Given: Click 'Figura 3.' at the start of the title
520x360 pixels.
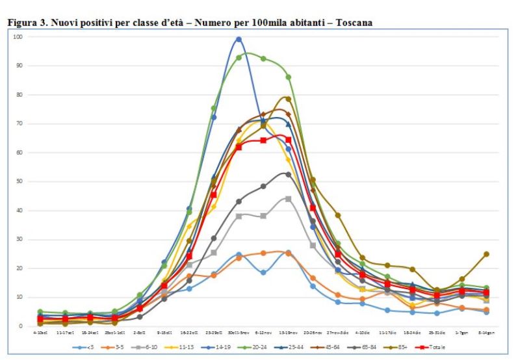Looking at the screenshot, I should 25,23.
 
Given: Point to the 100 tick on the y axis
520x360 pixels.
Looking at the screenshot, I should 18,36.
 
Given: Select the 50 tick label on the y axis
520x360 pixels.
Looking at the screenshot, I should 20,181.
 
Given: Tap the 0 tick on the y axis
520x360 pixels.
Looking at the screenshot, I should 22,326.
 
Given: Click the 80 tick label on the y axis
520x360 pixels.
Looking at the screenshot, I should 20,94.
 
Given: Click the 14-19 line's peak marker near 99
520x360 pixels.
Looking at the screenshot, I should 239,39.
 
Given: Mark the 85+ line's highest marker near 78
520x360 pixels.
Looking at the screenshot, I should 288,99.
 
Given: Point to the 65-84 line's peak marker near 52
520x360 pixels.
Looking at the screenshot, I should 288,174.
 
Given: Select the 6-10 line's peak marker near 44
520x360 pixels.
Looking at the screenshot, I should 288,198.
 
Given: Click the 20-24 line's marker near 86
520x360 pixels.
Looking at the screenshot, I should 288,77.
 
